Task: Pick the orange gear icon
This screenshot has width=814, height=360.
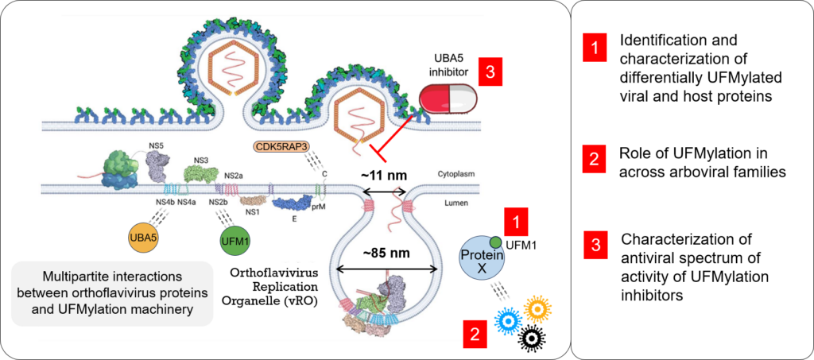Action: [538, 308]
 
